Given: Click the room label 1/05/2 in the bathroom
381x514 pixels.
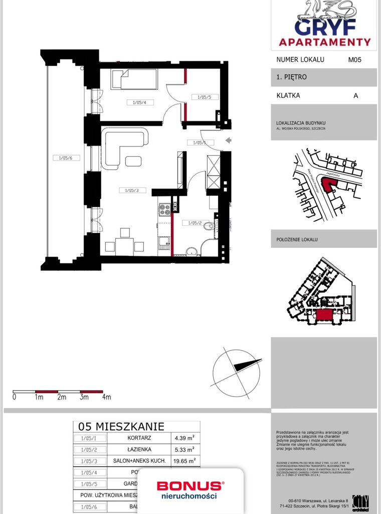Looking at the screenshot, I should [x=195, y=223].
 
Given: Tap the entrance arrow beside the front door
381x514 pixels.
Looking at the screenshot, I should [x=228, y=141].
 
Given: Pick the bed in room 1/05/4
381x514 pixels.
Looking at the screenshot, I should [x=134, y=79].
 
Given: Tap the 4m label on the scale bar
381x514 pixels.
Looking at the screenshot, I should [x=106, y=397].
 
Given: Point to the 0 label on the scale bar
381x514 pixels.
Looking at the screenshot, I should [x=14, y=397].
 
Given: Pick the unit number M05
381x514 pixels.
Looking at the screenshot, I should [x=355, y=59].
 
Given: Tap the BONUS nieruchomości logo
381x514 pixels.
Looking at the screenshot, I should [x=190, y=490].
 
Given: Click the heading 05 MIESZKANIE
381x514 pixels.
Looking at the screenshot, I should [x=121, y=427].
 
